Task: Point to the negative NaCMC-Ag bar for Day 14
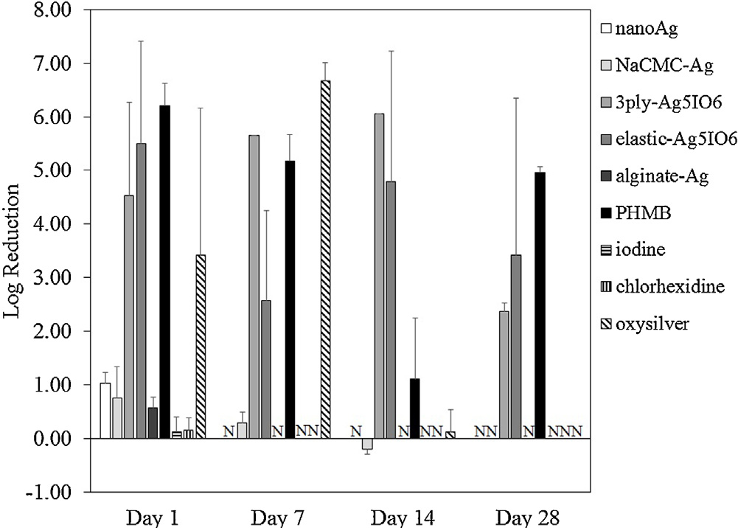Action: point(367,444)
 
